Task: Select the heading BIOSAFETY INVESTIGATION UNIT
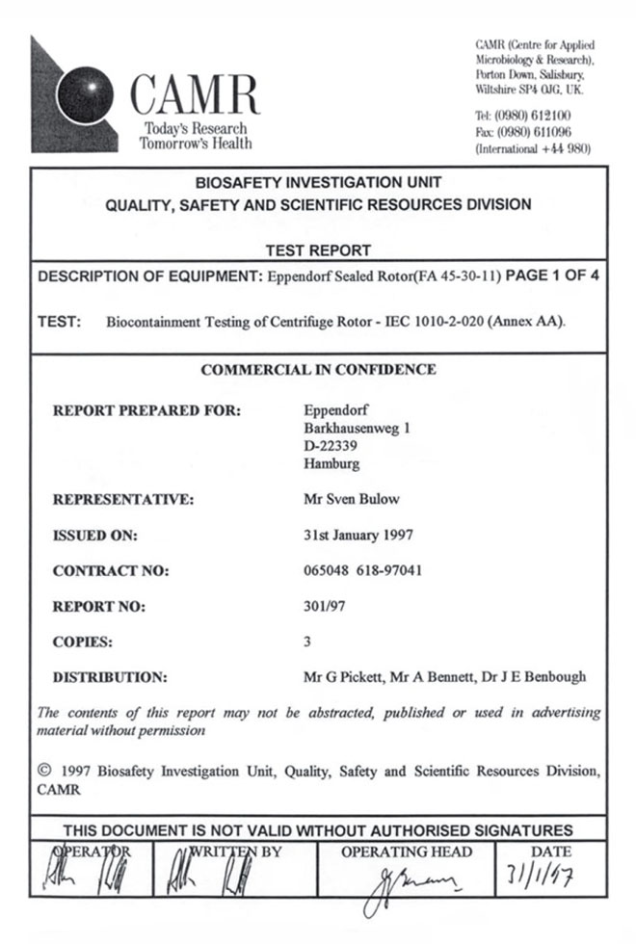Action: click(x=318, y=182)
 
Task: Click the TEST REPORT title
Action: click(x=318, y=250)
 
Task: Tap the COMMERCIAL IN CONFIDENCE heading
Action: click(x=318, y=369)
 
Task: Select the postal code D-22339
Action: click(x=331, y=446)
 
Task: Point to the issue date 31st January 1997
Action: click(x=358, y=535)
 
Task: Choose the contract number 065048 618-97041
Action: click(x=362, y=570)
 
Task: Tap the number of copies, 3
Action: click(x=307, y=641)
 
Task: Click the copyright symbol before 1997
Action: click(x=42, y=771)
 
